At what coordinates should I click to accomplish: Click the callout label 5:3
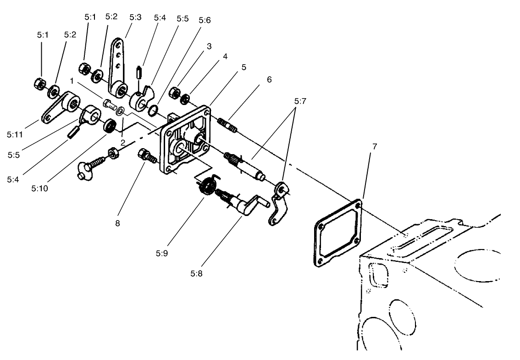135,17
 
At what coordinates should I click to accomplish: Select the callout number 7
375,146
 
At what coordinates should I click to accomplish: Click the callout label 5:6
205,20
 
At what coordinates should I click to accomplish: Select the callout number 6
269,79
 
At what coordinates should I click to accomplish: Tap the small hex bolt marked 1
110,105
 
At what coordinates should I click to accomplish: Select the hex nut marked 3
173,93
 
